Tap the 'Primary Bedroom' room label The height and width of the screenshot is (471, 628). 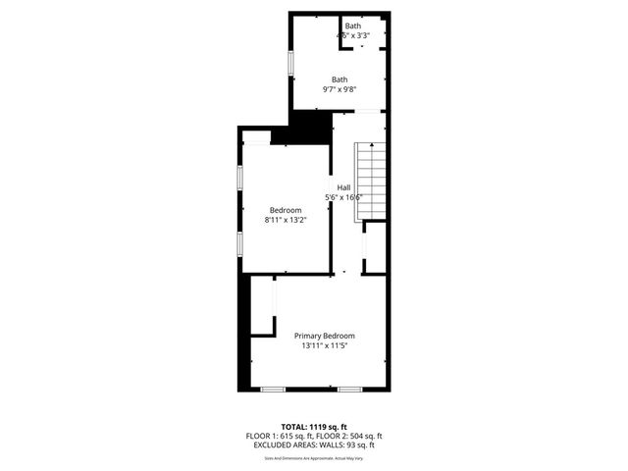click(x=325, y=336)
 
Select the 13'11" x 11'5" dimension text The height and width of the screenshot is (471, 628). click(x=325, y=345)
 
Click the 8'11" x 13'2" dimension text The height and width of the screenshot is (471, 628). click(x=286, y=221)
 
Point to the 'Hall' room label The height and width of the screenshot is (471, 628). click(x=343, y=187)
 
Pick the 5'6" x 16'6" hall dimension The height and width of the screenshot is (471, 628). click(x=344, y=197)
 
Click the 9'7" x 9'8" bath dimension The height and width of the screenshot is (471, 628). click(x=340, y=90)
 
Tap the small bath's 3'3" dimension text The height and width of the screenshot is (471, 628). click(x=363, y=35)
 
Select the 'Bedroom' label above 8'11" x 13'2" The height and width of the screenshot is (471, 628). click(x=286, y=210)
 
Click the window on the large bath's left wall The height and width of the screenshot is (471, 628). click(x=289, y=61)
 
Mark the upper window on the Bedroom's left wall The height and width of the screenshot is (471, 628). click(x=240, y=183)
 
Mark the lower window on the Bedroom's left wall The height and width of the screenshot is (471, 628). click(x=240, y=244)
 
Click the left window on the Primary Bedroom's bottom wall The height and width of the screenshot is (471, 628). click(x=273, y=390)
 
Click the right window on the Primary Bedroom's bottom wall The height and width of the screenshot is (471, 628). click(x=350, y=390)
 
